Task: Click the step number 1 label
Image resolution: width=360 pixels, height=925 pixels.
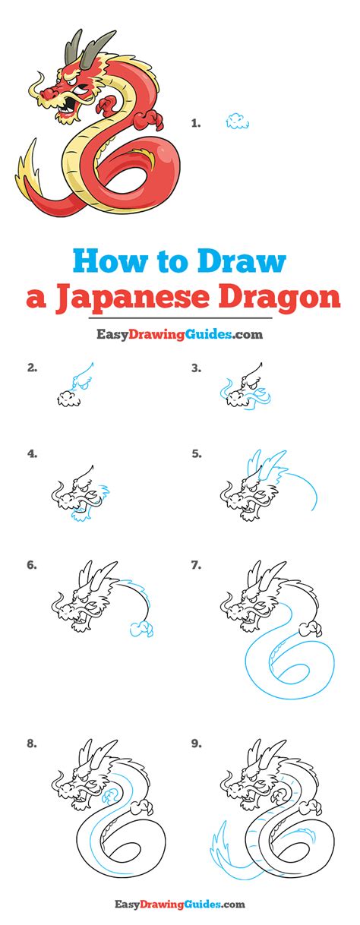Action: coord(196,122)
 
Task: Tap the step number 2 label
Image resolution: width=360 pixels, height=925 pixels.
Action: coord(32,368)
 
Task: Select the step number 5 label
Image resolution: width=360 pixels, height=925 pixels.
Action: coord(197,454)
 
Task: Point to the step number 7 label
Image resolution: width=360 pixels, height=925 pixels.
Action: coord(196,565)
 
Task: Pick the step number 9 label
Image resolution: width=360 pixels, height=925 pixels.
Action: coord(197,744)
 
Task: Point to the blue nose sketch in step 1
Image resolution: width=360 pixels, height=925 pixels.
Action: coord(238,122)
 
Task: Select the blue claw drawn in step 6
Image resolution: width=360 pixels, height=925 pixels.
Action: coord(141,630)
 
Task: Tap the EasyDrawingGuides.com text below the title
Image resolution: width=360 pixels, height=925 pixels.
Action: coord(179,334)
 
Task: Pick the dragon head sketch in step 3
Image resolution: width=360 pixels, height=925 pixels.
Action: coord(245,388)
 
